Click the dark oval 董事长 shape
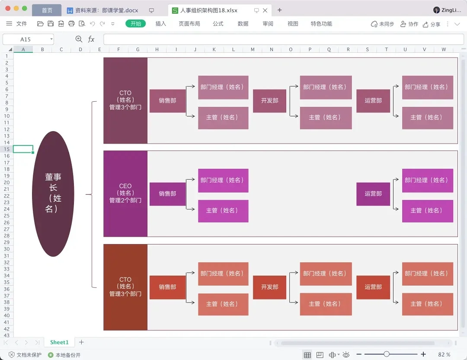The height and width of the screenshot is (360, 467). click(x=53, y=193)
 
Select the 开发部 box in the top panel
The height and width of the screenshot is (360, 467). click(x=269, y=101)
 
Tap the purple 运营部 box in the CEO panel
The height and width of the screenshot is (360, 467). click(x=373, y=194)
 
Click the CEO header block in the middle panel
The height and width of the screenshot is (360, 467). click(x=125, y=193)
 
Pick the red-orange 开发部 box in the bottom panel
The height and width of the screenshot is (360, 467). click(x=269, y=287)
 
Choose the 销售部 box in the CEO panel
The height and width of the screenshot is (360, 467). click(x=167, y=194)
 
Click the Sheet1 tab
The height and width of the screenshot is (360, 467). click(x=59, y=342)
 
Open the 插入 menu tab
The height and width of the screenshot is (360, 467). click(x=160, y=24)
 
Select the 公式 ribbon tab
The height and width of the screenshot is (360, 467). click(x=218, y=24)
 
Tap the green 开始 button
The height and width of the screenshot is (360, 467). click(x=136, y=24)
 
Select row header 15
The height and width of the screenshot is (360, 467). click(x=6, y=149)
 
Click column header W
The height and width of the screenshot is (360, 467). click(x=443, y=49)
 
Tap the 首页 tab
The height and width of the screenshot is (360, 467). click(x=47, y=10)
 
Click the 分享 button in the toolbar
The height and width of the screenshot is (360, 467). click(x=432, y=24)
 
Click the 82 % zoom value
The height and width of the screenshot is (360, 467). click(x=444, y=355)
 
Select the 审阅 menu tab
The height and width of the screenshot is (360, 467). click(x=268, y=24)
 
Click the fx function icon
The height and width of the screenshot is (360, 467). click(x=91, y=39)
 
